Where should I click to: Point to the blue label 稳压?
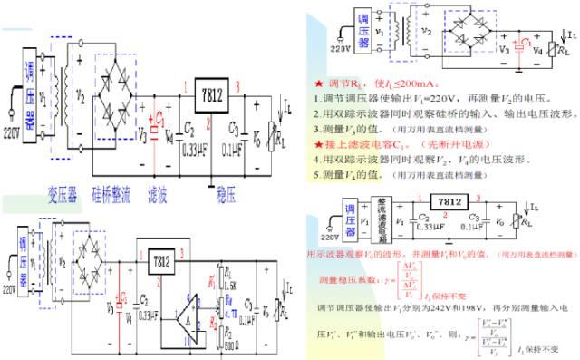[227, 195]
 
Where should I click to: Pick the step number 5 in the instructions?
[314, 173]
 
